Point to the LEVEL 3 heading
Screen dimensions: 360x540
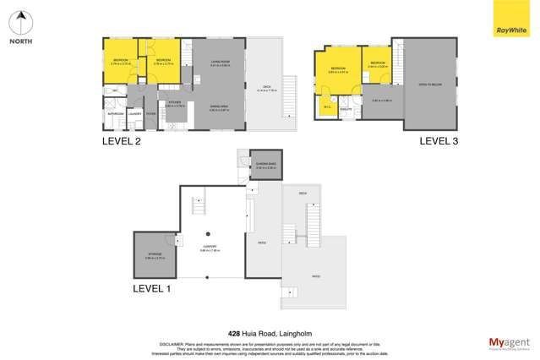[x=439, y=142]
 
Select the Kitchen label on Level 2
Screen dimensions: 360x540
[x=174, y=103]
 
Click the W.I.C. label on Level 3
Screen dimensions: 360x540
[x=326, y=107]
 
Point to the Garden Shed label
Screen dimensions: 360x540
[x=265, y=164]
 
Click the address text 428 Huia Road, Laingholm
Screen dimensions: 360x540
[x=269, y=332]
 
